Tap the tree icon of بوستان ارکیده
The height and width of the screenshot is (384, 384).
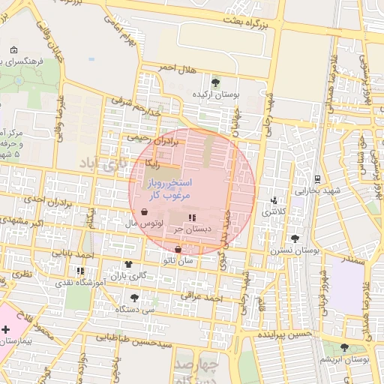(216, 82)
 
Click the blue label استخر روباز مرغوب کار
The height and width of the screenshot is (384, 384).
(169, 188)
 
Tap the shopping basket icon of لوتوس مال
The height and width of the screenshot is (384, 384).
(143, 212)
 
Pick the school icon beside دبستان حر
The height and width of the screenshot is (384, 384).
(192, 217)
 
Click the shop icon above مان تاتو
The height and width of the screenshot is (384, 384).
(178, 250)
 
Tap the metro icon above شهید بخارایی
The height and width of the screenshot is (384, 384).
(318, 179)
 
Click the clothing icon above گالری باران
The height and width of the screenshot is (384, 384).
(128, 264)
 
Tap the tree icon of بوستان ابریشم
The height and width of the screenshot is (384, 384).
(344, 347)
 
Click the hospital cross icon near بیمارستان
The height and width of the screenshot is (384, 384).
(6, 329)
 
